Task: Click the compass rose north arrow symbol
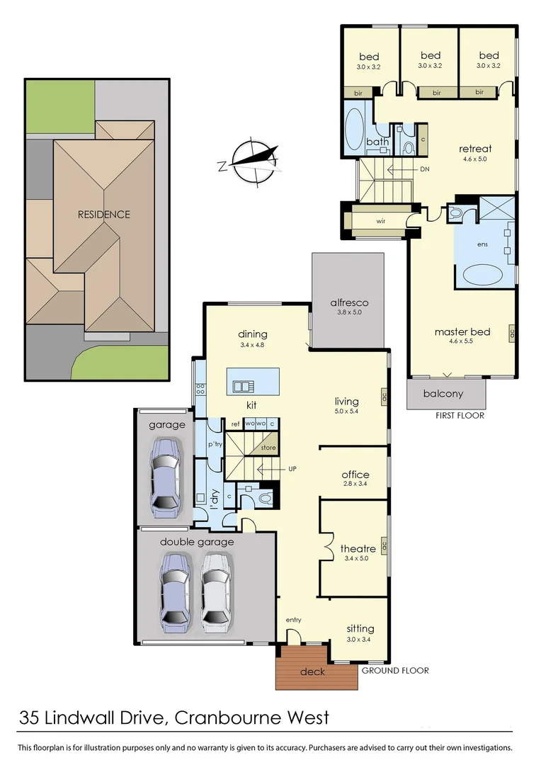tap(251, 160)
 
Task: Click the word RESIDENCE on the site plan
tap(103, 214)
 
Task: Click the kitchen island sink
tap(243, 386)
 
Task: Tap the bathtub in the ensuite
tap(482, 275)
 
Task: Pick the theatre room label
tap(358, 548)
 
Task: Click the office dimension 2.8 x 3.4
tap(355, 484)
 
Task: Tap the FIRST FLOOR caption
tap(460, 415)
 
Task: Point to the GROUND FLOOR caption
tap(395, 670)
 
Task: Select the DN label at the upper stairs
tap(425, 169)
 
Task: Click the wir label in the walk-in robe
tap(380, 221)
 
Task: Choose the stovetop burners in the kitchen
tap(200, 389)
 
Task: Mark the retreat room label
tap(475, 149)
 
